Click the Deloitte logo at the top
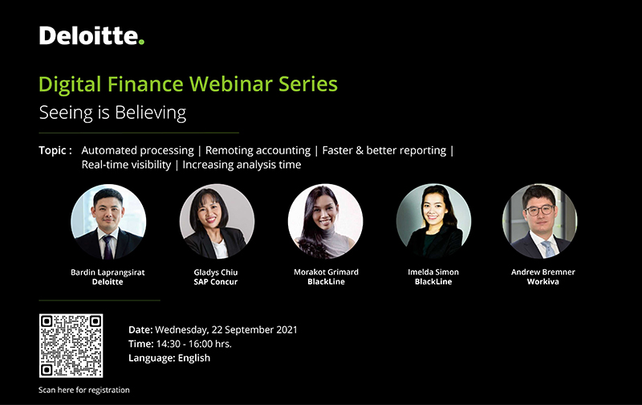(x=91, y=35)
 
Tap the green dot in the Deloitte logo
(x=141, y=42)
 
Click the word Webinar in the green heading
(x=230, y=84)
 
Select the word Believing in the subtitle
(x=150, y=113)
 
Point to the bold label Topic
(x=52, y=150)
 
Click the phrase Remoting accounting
(x=258, y=150)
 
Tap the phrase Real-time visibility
(x=126, y=165)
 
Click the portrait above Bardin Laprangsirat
(x=108, y=221)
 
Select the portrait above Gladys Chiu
(x=217, y=221)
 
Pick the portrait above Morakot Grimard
(x=325, y=221)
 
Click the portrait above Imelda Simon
(x=433, y=221)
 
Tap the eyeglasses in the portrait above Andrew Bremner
(x=539, y=211)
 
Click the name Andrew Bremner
(x=543, y=272)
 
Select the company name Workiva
(x=543, y=281)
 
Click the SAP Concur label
(x=216, y=281)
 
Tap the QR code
(x=71, y=346)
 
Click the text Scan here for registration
(x=84, y=390)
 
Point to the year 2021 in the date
(x=286, y=329)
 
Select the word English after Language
(x=194, y=358)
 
